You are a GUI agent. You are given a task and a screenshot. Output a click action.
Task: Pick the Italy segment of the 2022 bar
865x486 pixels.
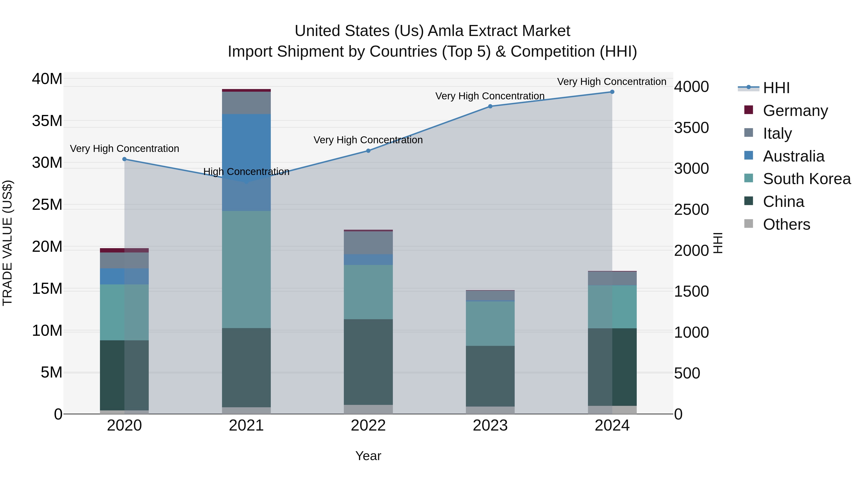coord(368,243)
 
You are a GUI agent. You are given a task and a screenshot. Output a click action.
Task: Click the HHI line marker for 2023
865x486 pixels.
coord(490,106)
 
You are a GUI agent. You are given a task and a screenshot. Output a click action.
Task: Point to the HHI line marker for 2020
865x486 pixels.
coord(124,159)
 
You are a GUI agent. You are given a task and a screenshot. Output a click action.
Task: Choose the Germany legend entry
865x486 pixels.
coord(795,111)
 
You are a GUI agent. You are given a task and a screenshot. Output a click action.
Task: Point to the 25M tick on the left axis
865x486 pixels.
coord(47,204)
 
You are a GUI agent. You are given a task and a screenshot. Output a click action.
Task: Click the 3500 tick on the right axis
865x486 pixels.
coord(691,128)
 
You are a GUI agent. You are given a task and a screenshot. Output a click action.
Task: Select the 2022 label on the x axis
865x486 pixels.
coord(368,426)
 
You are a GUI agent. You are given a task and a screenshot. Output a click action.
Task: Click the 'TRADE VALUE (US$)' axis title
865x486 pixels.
coord(7,243)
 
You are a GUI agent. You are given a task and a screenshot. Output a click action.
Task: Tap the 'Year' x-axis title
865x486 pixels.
coord(368,456)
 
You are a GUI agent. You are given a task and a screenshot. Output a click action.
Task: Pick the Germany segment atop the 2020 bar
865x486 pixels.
coord(124,250)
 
